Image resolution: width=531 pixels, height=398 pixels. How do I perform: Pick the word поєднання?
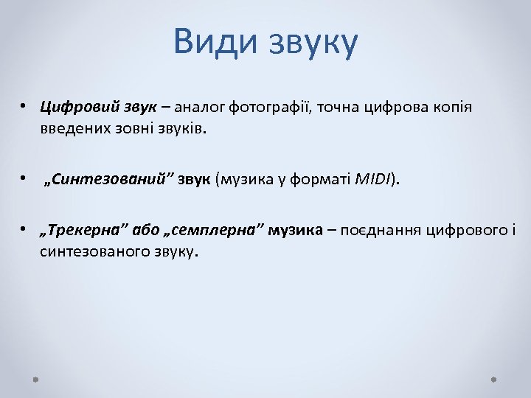(x=377, y=230)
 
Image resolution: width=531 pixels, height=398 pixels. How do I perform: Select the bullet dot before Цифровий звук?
(x=24, y=106)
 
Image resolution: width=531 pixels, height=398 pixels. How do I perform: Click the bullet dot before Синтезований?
(x=24, y=178)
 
